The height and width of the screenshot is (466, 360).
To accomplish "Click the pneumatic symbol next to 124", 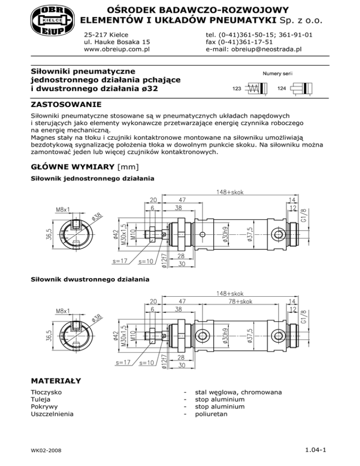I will point(303,88).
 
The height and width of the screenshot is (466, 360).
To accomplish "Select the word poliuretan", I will point(211,414).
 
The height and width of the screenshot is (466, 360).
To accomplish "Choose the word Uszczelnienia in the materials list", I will point(52,414).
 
